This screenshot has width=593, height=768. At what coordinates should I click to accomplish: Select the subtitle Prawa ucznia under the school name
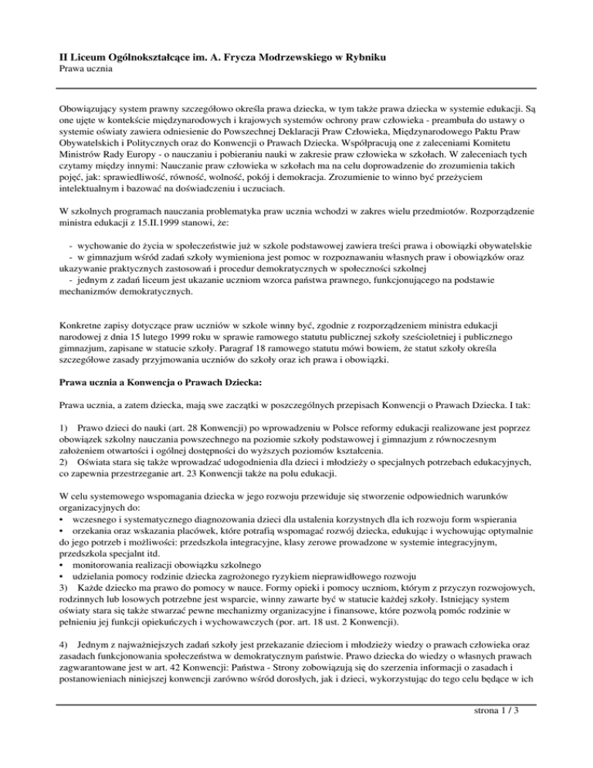click(87, 70)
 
